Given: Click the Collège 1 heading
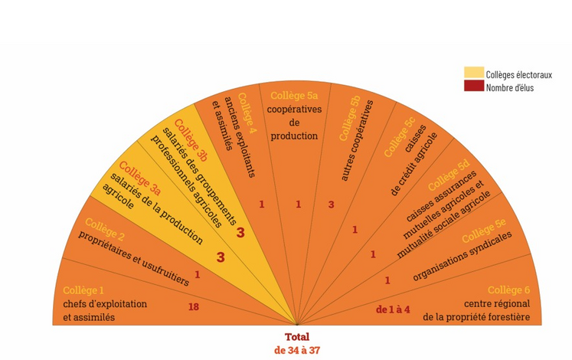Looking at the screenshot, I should (x=83, y=290).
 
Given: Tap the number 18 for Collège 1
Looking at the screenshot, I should (x=194, y=307).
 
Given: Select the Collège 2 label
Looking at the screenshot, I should (x=105, y=227).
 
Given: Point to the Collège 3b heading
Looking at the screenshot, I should (x=191, y=140).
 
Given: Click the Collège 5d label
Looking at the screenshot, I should (x=449, y=176).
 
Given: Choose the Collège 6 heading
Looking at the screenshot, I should (x=508, y=290).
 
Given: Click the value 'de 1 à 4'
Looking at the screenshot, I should (x=393, y=309).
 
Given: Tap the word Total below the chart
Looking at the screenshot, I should (x=297, y=337).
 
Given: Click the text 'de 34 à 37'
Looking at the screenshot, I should (x=297, y=350).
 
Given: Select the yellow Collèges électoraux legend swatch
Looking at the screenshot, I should (x=474, y=73).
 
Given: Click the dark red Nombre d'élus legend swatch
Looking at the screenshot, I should (x=474, y=86).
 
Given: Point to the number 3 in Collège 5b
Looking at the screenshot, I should (x=332, y=205).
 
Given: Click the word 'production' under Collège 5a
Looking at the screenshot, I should (x=295, y=136).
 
